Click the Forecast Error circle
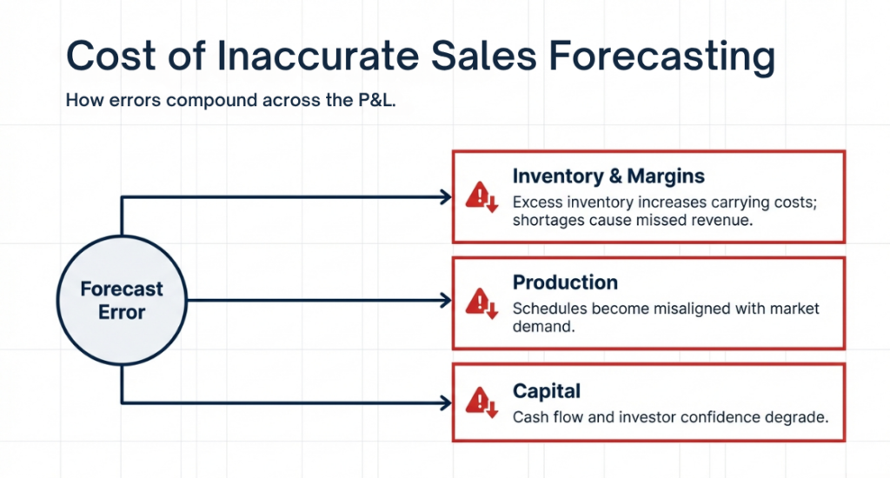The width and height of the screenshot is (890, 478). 122,300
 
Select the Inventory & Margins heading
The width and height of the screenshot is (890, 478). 608,176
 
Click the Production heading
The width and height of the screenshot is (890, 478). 565,282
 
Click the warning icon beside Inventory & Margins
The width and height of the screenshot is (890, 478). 480,197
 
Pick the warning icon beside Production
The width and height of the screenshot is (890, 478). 480,302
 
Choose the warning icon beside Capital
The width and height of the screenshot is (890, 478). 480,402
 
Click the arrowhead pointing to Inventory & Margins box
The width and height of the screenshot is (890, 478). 446,197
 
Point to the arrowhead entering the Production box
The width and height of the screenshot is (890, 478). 446,301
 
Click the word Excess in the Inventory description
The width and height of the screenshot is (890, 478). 537,202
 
